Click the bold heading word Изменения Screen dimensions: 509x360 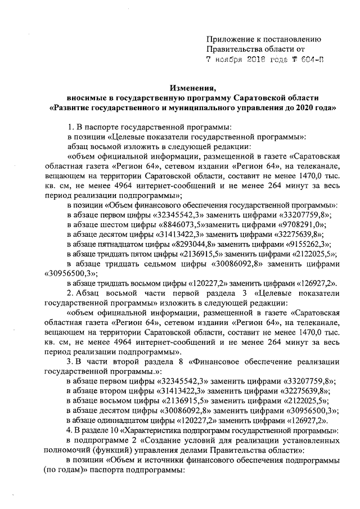pos(193,87)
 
